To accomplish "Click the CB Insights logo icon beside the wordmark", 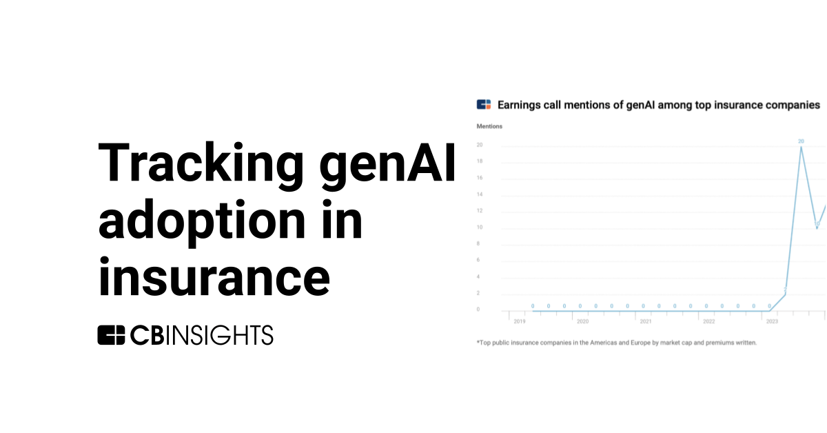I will point(111,335).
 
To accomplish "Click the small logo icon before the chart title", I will point(483,105).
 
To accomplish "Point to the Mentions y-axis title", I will point(489,126).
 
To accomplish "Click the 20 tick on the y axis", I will point(479,145).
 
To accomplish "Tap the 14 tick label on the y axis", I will point(479,194).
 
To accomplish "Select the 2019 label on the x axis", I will point(519,321).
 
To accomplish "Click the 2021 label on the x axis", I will point(645,321).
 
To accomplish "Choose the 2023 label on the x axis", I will point(772,321).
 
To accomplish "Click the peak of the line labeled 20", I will point(801,147).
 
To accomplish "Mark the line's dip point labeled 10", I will point(817,228).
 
